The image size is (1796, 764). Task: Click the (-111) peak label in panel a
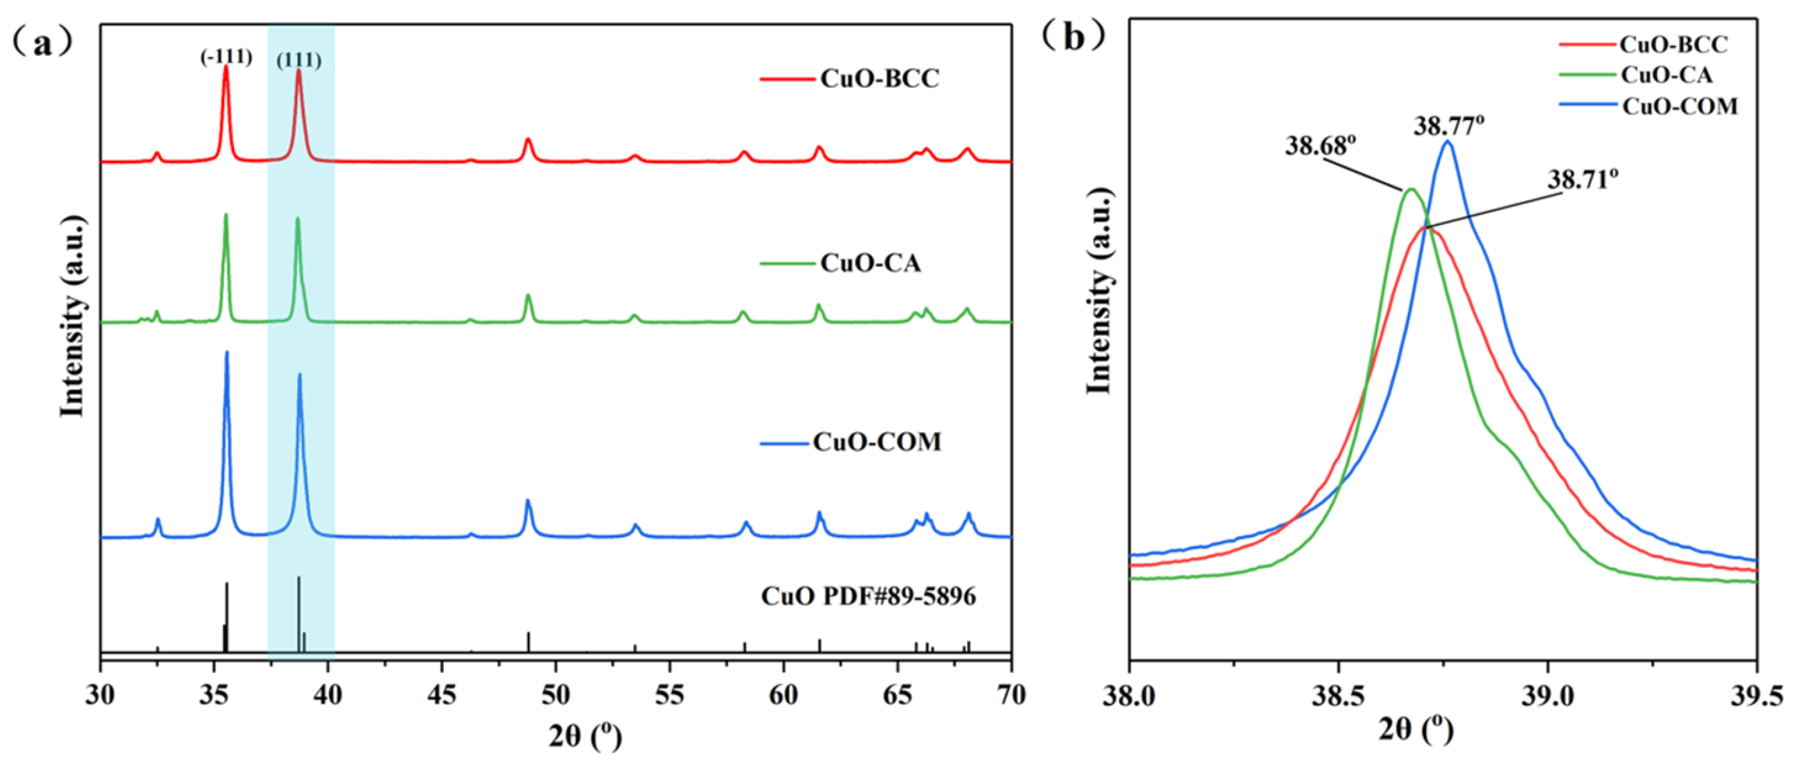tap(226, 56)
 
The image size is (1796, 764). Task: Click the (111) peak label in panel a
tap(299, 60)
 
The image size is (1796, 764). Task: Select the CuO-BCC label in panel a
tap(879, 78)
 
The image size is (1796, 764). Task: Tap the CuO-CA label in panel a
tap(870, 263)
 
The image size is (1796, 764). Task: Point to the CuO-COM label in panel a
tap(877, 442)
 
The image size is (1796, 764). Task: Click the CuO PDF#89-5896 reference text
tap(868, 597)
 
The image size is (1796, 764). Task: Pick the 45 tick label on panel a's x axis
tap(441, 695)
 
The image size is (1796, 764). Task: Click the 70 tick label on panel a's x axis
tap(1011, 695)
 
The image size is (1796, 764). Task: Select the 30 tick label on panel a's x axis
tap(101, 695)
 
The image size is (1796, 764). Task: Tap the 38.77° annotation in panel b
tap(1448, 126)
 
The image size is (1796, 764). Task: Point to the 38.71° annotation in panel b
tap(1583, 180)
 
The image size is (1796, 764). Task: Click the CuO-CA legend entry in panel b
tap(1666, 75)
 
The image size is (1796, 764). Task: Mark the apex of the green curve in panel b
tap(1411, 189)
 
